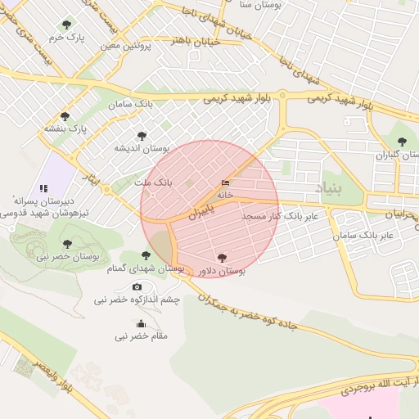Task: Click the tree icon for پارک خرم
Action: coord(66,25)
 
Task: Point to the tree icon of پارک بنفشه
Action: coord(65,116)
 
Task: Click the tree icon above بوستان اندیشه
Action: coord(142,136)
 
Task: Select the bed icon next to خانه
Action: coord(226,182)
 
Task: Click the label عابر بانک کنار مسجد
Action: coord(284,216)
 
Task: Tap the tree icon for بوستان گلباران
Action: coord(401,142)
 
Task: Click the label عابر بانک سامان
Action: coord(363,235)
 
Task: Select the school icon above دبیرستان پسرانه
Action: coord(43,188)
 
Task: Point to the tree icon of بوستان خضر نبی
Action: coord(67,244)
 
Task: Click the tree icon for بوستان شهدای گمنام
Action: coord(146,255)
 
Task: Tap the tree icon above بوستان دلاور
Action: coord(222,257)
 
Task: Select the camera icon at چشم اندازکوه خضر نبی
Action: coord(137,287)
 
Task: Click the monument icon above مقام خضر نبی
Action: coord(141,323)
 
